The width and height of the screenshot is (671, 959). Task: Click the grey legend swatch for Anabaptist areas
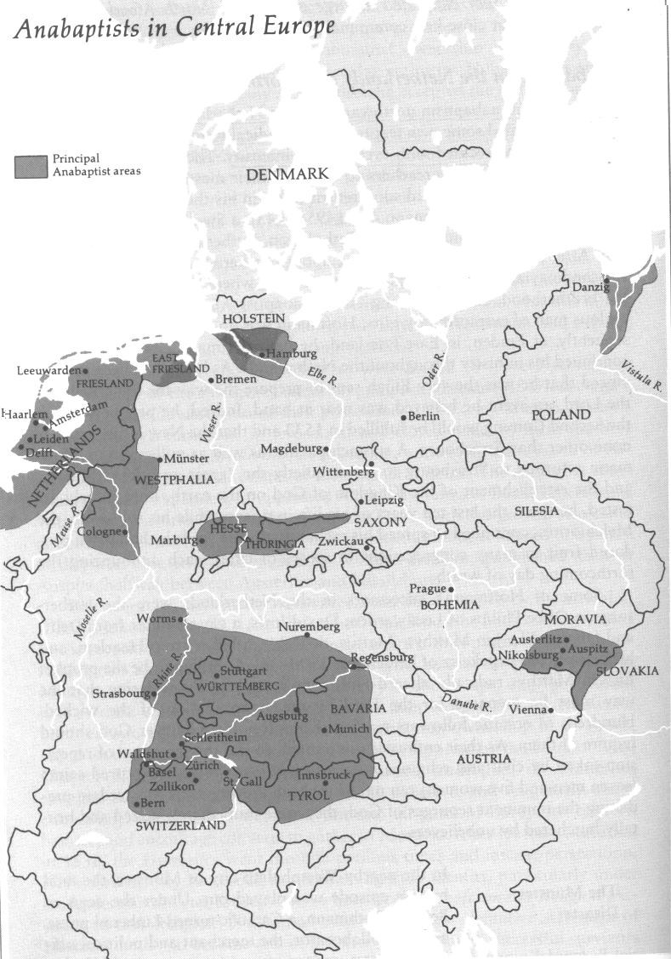31,165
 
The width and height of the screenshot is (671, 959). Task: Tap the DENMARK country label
287,174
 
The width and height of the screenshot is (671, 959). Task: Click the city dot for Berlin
404,416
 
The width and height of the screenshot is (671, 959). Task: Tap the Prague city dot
452,589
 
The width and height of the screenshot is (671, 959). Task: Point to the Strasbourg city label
121,693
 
